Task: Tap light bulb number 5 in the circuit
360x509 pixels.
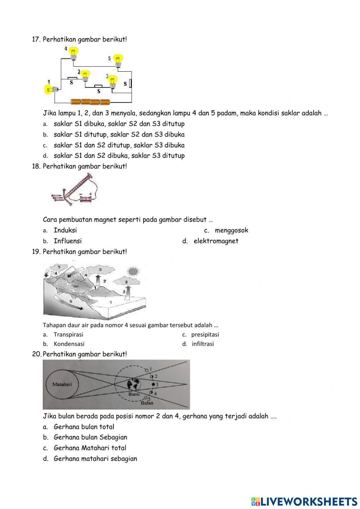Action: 118,60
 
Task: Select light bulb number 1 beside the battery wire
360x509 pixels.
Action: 49,89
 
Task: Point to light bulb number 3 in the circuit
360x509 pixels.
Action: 113,81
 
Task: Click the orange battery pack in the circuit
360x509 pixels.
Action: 90,102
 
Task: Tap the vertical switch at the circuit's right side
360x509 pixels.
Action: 130,84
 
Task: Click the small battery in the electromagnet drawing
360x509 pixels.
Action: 86,198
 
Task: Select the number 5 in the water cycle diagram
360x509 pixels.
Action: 71,301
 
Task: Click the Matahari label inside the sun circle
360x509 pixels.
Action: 62,384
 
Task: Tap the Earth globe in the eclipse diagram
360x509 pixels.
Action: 134,385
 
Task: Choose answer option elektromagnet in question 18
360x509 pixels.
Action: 216,241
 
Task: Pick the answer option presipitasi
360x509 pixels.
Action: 205,334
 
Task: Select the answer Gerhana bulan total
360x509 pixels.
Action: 84,427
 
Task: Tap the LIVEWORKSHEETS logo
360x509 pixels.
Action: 304,501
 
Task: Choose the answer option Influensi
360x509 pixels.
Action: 68,241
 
